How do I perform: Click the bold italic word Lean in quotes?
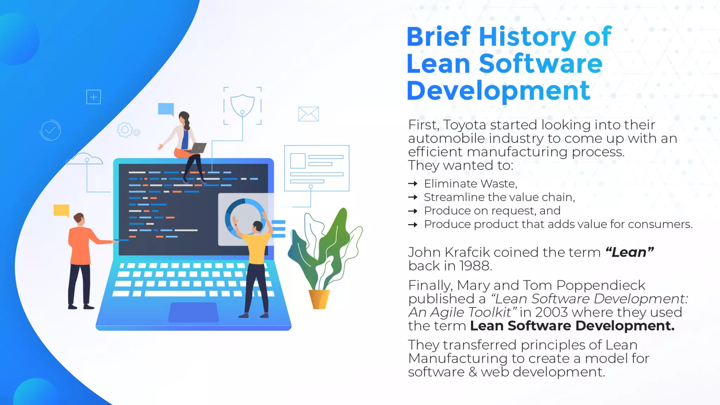(629, 252)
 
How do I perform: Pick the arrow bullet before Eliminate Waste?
(413, 184)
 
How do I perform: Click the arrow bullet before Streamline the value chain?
(413, 197)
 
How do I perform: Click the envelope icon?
(308, 114)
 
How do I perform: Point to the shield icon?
(243, 105)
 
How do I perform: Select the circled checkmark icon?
(50, 130)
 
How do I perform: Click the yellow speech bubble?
(62, 210)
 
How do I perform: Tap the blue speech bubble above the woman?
(166, 109)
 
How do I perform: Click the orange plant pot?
(319, 299)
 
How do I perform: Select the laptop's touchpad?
(193, 312)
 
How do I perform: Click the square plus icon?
(94, 97)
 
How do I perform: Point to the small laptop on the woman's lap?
(198, 148)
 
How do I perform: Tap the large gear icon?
(124, 130)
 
